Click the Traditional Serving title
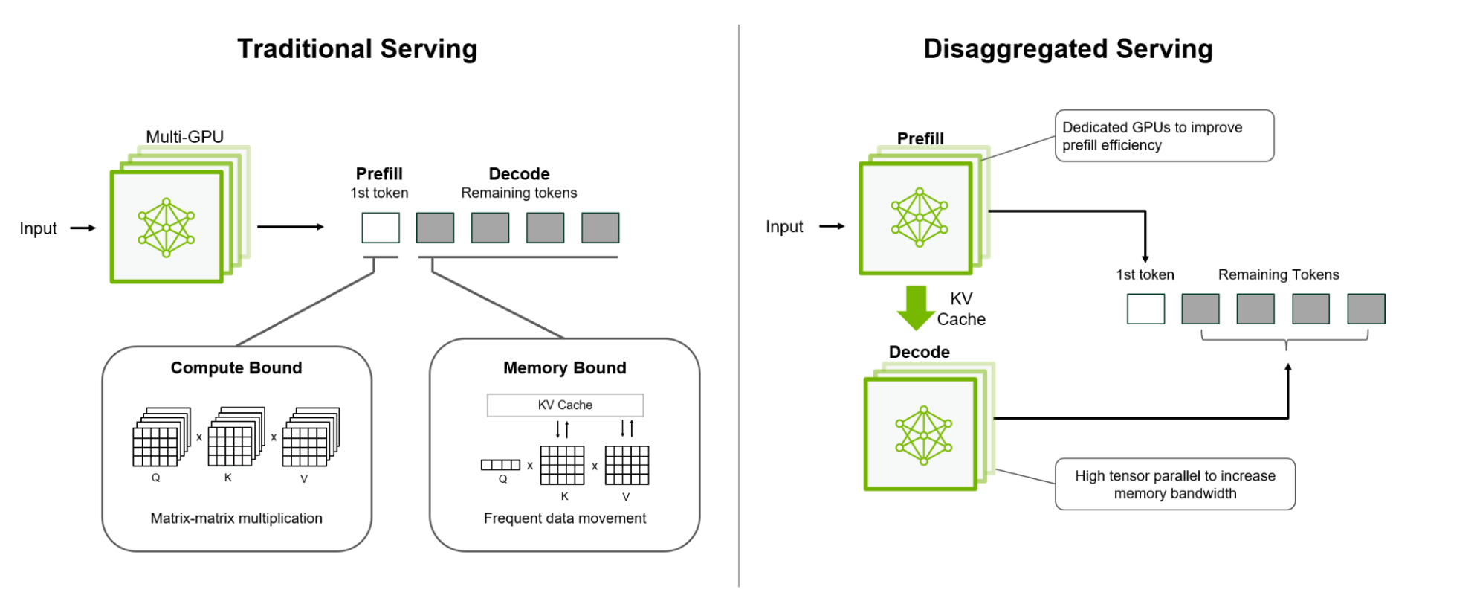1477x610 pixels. click(357, 49)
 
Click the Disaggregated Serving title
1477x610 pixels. click(1067, 49)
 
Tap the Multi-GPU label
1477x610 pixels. click(184, 137)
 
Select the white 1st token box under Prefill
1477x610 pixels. click(381, 228)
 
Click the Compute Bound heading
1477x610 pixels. click(236, 367)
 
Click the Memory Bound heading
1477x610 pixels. click(564, 367)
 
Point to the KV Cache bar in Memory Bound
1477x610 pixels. click(565, 405)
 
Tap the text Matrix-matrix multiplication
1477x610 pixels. click(236, 518)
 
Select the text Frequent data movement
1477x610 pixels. click(564, 518)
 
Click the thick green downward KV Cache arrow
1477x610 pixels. click(916, 306)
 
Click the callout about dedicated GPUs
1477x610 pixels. click(1163, 136)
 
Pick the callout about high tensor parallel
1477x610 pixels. click(1174, 484)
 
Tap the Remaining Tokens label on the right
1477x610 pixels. click(1278, 274)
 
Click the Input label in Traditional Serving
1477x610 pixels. click(38, 228)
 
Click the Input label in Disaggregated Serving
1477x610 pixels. click(784, 227)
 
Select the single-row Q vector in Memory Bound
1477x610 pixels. click(500, 465)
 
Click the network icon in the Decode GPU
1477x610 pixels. click(924, 435)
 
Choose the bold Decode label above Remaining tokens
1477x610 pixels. click(519, 174)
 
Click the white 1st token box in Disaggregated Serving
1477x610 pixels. click(1145, 309)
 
